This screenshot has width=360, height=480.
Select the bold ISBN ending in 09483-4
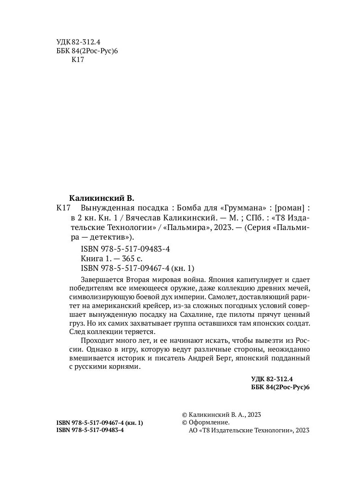(90, 430)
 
